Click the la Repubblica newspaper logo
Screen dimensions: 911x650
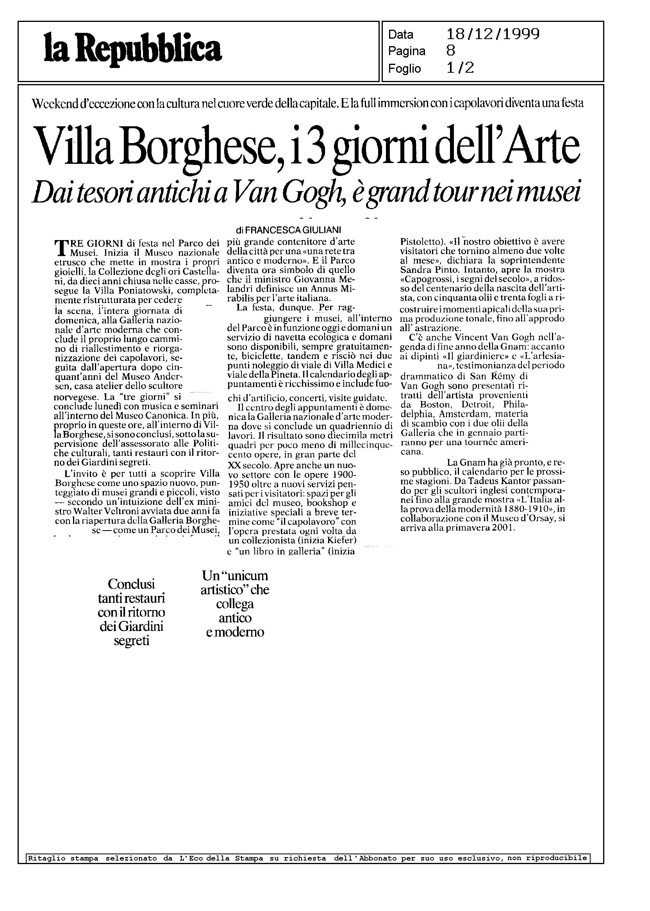132,51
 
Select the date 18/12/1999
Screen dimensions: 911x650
493,35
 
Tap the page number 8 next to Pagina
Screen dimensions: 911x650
450,51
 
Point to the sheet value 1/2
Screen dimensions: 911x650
460,68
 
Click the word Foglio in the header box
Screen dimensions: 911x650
404,68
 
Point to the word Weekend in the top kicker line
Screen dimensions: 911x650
56,103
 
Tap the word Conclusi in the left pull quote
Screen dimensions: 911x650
131,583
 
